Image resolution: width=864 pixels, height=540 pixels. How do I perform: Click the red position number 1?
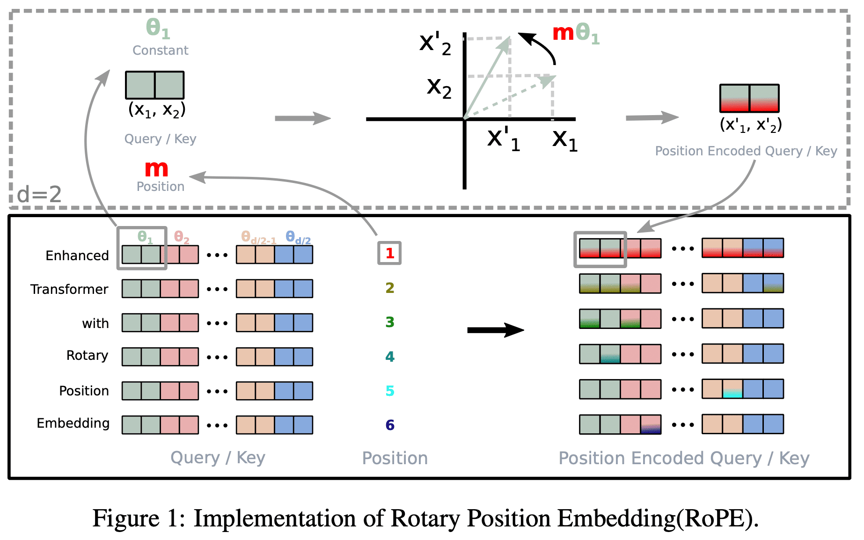click(x=390, y=253)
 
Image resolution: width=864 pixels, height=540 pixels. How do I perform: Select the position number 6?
click(x=390, y=425)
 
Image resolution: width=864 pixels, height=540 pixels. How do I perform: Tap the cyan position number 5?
click(x=390, y=391)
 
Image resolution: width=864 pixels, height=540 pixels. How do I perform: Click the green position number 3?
click(x=390, y=322)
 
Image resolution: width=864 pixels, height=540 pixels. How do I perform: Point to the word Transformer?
click(x=69, y=289)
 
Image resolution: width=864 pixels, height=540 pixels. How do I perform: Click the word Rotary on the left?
click(x=88, y=356)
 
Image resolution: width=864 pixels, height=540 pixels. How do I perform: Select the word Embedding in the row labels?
click(x=73, y=423)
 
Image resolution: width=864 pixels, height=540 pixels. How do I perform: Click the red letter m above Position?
click(x=156, y=169)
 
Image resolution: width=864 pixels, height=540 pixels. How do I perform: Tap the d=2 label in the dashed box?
click(x=39, y=194)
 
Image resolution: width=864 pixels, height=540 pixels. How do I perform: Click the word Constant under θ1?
click(x=161, y=50)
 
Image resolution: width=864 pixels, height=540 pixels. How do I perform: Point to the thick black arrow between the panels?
click(x=496, y=330)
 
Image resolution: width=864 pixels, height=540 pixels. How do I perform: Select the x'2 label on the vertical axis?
click(x=435, y=44)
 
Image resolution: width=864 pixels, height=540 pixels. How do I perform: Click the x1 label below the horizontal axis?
click(x=565, y=140)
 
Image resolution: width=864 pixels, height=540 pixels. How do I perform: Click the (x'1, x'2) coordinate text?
click(x=751, y=125)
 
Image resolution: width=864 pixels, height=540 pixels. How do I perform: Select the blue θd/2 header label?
click(x=298, y=238)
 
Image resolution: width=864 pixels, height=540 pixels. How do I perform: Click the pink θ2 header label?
click(x=182, y=237)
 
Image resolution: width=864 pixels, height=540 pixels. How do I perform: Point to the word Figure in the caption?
click(x=126, y=519)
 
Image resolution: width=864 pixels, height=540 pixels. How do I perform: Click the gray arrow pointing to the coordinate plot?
click(x=303, y=118)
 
